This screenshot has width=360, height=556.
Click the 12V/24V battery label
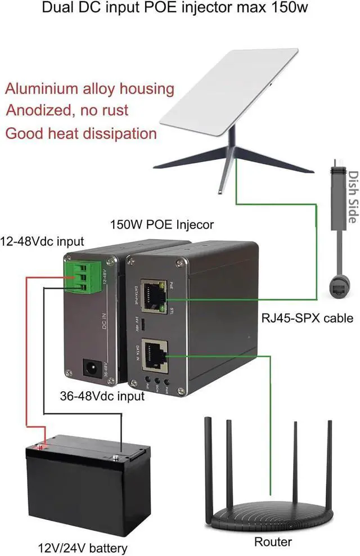(x=83, y=546)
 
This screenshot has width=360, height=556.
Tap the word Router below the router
(x=273, y=541)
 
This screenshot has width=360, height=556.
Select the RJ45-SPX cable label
(x=307, y=318)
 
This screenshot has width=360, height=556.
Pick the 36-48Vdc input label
(x=102, y=396)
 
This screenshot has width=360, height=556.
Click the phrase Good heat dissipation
(x=81, y=133)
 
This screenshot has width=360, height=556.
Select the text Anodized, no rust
(x=67, y=111)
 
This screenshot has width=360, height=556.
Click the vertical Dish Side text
(x=352, y=196)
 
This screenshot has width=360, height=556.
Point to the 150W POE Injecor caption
(x=161, y=225)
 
